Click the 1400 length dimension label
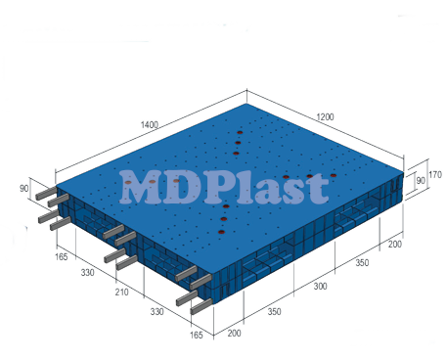coord(150,126)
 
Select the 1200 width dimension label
coord(326,117)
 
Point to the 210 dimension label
coord(121,292)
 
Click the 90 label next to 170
coord(420,182)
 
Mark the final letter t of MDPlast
coord(317,188)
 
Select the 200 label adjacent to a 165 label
coord(234,334)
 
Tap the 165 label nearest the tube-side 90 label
coord(61,257)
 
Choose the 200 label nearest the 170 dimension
coord(395,244)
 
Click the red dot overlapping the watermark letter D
coord(176,180)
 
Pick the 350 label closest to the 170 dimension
coord(362,264)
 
